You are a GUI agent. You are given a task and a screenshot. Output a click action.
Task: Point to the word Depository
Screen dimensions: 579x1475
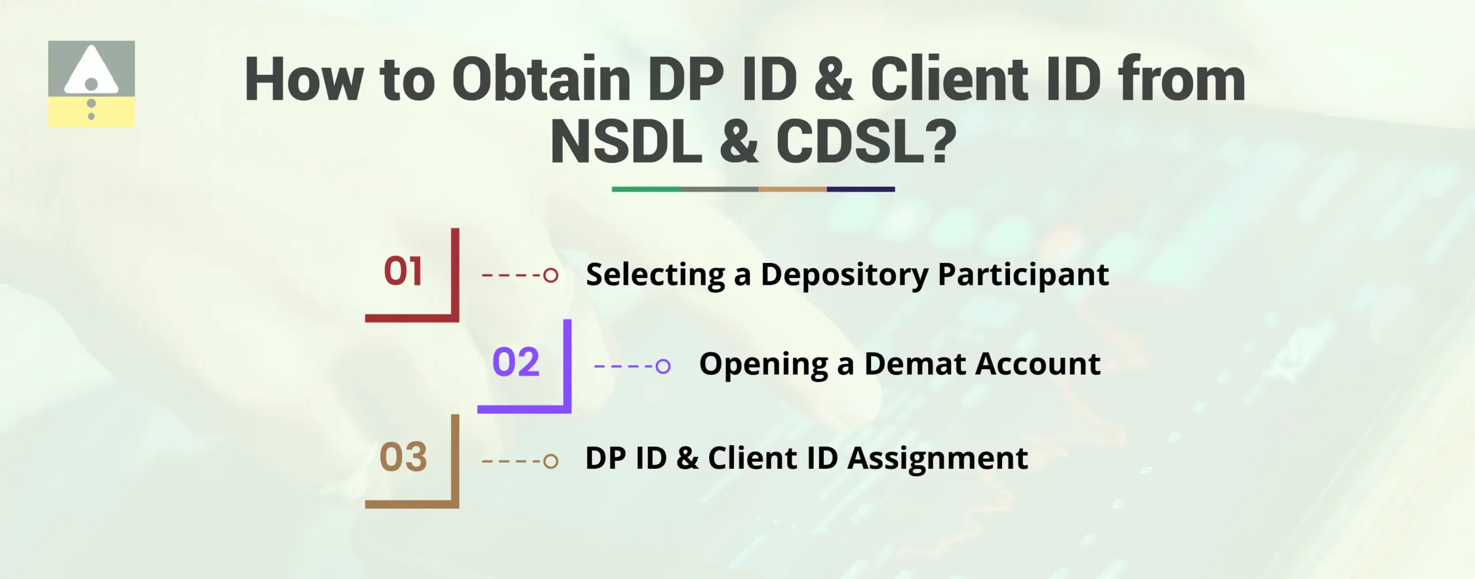click(x=844, y=275)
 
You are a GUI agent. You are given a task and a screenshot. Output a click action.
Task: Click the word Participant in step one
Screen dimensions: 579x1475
click(x=1023, y=275)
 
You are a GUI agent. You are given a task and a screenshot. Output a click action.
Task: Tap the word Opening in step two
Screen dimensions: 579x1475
click(x=763, y=365)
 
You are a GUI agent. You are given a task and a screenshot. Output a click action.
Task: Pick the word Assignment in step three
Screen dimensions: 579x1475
click(x=937, y=459)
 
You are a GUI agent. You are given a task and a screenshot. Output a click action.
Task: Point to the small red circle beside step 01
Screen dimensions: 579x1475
click(x=551, y=275)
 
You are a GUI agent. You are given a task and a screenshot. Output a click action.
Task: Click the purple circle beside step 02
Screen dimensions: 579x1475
click(x=663, y=366)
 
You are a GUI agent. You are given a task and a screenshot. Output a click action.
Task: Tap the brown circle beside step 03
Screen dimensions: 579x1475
click(x=551, y=461)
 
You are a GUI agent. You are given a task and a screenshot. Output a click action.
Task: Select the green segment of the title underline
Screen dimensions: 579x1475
click(x=645, y=189)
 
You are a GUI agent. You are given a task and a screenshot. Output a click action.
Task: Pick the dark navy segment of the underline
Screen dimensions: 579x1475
click(x=861, y=189)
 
